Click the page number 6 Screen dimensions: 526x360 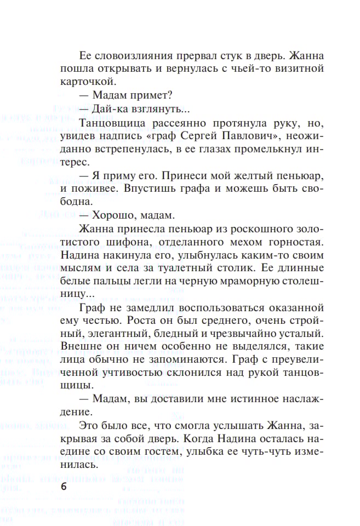coord(64,488)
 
